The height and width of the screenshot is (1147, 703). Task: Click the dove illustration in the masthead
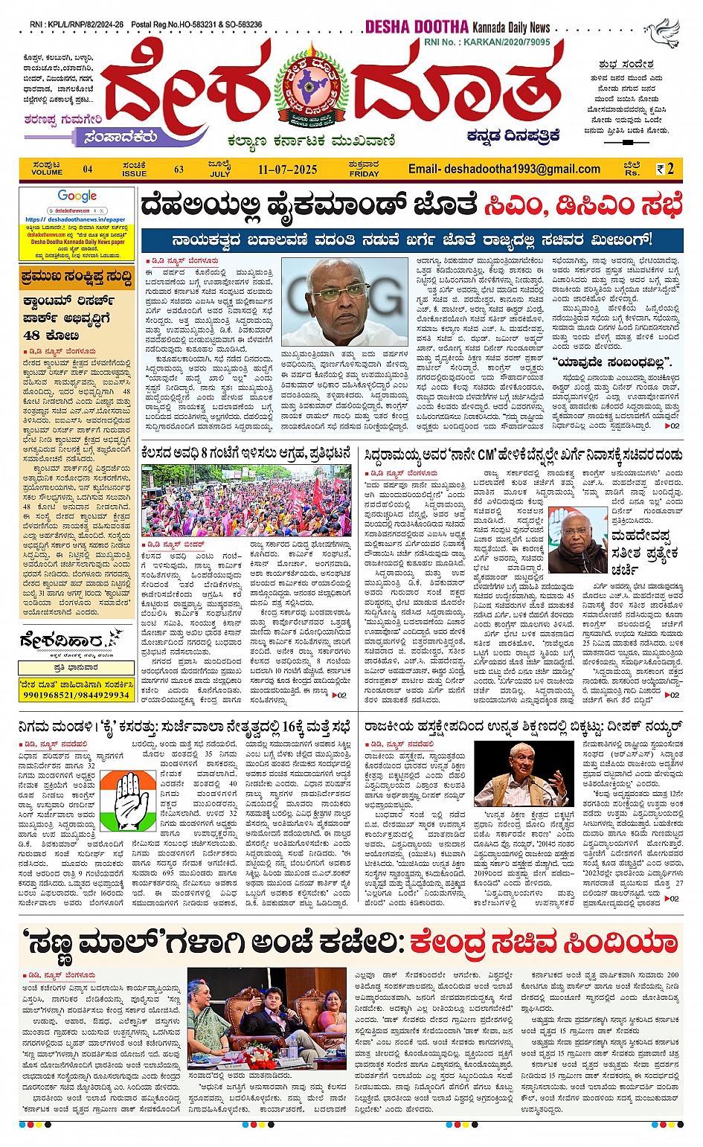pyautogui.click(x=662, y=33)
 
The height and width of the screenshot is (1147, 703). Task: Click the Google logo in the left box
pyautogui.click(x=77, y=196)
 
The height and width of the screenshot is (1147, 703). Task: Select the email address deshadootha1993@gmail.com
pyautogui.click(x=504, y=169)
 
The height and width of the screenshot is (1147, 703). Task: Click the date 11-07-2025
pyautogui.click(x=287, y=170)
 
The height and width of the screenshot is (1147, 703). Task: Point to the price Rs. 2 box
pyautogui.click(x=665, y=169)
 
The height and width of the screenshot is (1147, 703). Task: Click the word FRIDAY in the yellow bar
pyautogui.click(x=365, y=173)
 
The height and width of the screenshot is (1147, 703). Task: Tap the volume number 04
pyautogui.click(x=88, y=170)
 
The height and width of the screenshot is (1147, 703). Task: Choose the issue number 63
pyautogui.click(x=179, y=170)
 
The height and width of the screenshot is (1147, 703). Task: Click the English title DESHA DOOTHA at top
pyautogui.click(x=416, y=28)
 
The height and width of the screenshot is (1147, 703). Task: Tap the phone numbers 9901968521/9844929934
pyautogui.click(x=77, y=695)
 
